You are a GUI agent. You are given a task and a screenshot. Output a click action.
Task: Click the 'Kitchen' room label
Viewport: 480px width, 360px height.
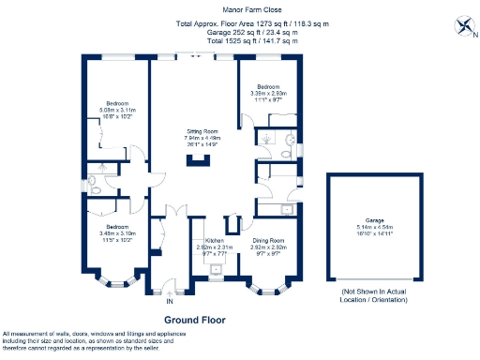tap(215, 241)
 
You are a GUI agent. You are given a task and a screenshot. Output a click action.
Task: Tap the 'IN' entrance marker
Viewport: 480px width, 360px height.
tap(170, 302)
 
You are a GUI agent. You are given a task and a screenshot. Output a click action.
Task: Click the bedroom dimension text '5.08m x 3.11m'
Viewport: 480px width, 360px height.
tap(117, 109)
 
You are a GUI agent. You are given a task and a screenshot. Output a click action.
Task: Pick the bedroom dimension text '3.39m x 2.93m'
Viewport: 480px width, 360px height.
tap(268, 93)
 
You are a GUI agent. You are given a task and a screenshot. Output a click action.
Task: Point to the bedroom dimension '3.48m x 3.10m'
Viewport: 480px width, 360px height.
tap(118, 233)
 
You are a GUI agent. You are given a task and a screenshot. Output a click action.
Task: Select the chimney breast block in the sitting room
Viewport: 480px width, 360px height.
tap(196, 160)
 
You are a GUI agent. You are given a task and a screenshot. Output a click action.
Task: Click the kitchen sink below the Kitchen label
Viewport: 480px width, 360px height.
tap(217, 269)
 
